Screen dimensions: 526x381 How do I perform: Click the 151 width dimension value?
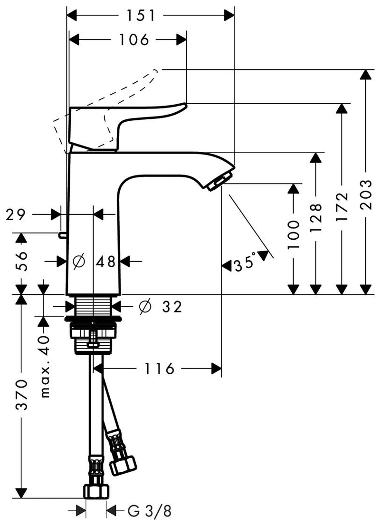(141, 15)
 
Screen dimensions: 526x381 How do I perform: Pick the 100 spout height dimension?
(294, 235)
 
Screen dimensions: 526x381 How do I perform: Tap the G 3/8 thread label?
(149, 512)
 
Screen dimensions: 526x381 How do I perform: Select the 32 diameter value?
(171, 307)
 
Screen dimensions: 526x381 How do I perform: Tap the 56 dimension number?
(21, 261)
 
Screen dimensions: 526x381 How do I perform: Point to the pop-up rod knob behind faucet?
(62, 234)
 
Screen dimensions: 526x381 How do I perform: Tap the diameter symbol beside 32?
(145, 307)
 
